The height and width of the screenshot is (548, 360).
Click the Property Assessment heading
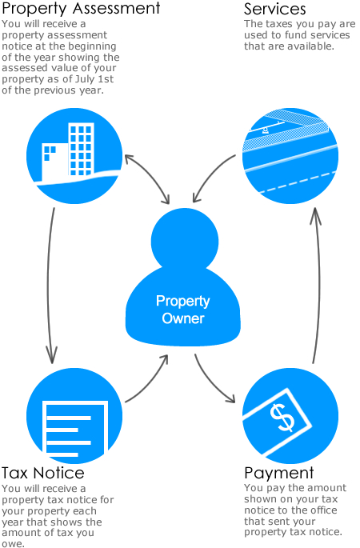tap(81, 8)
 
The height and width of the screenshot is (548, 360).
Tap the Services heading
tap(274, 9)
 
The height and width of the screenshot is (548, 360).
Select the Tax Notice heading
tap(43, 473)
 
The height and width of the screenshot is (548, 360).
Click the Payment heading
tap(279, 474)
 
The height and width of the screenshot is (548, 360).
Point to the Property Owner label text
tap(182, 310)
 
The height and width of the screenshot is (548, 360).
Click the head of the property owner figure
tap(185, 241)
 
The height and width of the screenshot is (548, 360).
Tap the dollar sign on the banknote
tap(282, 418)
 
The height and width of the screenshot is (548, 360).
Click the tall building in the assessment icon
tap(81, 149)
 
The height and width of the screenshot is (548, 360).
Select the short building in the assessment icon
tap(54, 162)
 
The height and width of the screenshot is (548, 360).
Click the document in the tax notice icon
tap(74, 430)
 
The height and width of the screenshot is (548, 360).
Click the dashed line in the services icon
tap(298, 182)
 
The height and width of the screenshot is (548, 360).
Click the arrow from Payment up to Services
tap(318, 285)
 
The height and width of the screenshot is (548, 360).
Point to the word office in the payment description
tap(322, 510)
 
